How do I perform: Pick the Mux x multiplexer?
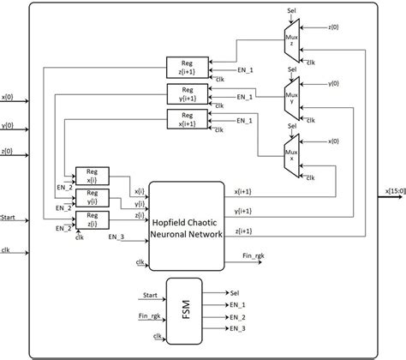click(292, 152)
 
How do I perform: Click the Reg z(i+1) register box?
click(182, 67)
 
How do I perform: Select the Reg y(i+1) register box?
click(182, 94)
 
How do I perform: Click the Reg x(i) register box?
click(92, 176)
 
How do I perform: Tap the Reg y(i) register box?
click(92, 198)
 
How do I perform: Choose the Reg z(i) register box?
click(92, 221)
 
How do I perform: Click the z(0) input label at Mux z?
click(333, 28)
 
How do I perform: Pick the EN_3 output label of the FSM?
click(237, 327)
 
